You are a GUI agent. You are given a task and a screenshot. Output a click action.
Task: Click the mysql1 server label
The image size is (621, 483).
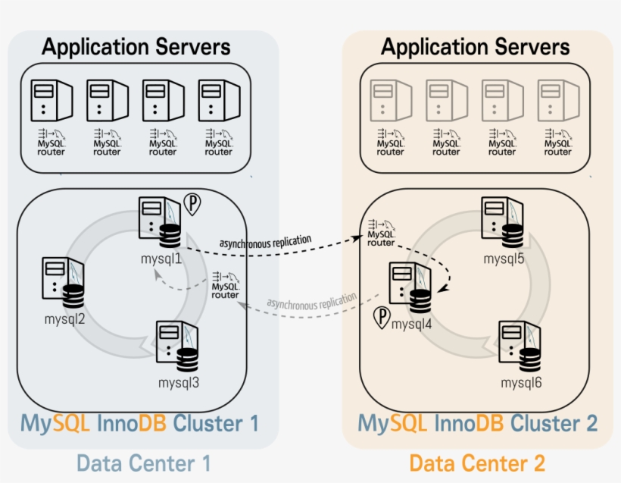coord(161,259)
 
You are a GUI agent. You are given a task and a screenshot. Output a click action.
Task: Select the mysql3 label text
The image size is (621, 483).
coord(179,382)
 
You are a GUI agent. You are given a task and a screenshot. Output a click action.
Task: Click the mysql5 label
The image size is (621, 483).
coord(505,259)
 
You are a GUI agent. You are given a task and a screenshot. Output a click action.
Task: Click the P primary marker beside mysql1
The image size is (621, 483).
coord(192,205)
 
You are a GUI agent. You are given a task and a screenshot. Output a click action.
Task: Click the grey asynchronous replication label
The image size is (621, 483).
coord(310,302)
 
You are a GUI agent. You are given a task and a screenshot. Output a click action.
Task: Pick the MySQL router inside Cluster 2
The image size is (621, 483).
coord(381,233)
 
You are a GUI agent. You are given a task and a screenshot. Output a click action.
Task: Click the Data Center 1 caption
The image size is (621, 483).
coord(143,462)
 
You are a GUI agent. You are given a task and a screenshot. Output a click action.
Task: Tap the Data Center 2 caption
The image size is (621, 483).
coord(477,462)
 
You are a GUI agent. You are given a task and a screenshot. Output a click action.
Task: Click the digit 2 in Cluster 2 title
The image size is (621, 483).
coord(590,422)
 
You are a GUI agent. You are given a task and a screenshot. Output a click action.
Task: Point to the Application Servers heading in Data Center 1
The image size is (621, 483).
coord(136,47)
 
